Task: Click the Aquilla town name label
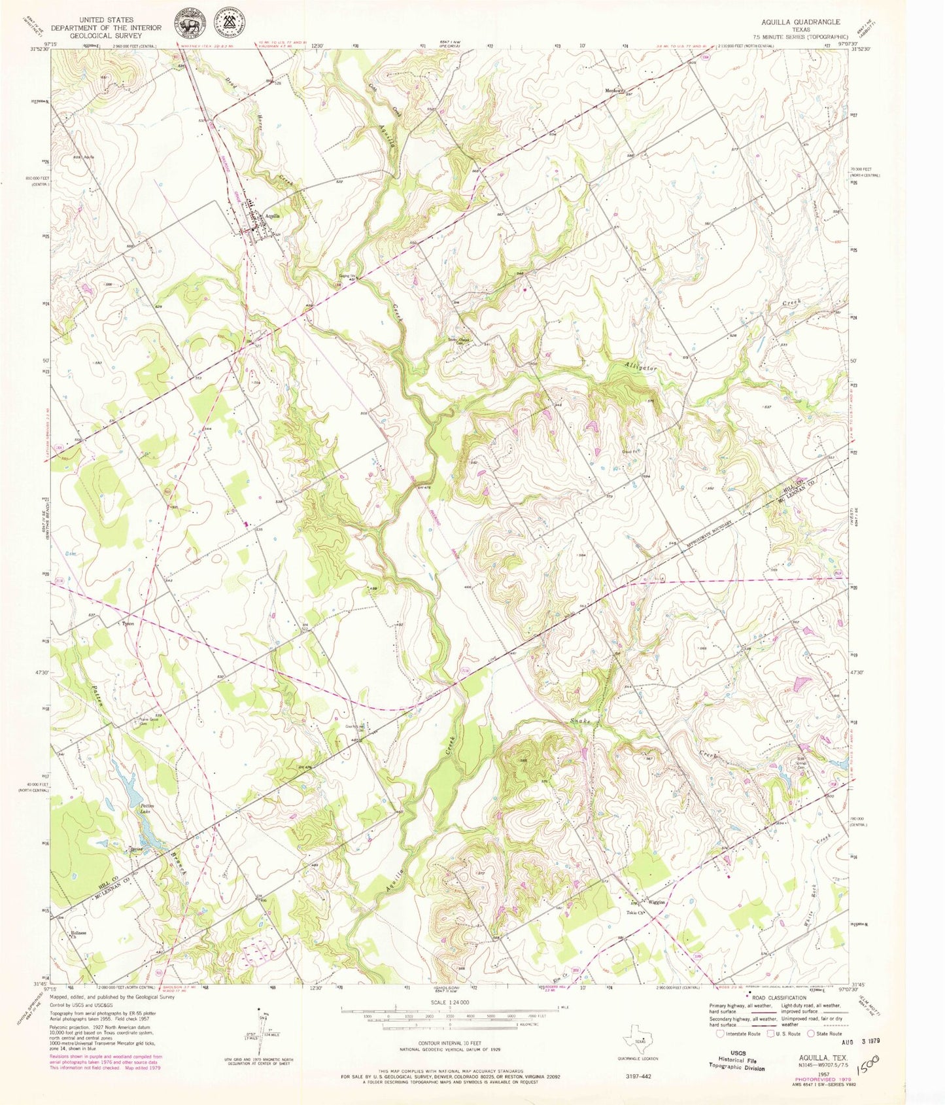click(273, 215)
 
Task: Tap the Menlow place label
click(613, 90)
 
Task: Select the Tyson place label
click(128, 623)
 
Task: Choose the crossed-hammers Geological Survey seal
click(230, 26)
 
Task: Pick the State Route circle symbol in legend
click(812, 1034)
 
